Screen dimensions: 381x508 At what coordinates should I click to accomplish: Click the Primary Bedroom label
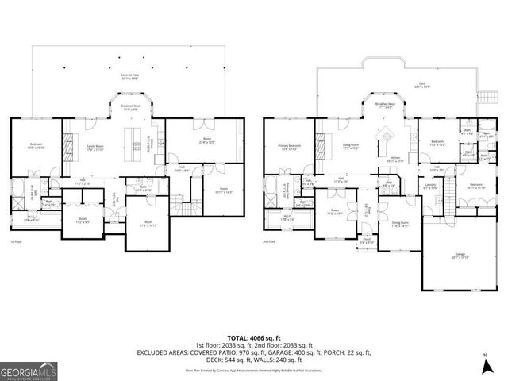289,147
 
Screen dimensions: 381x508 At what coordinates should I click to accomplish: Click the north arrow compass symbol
486,366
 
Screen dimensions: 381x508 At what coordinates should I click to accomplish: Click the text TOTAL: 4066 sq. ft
254,337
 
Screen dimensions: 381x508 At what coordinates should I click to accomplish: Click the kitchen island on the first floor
129,143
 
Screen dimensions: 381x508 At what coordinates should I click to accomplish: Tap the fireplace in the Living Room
322,146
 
